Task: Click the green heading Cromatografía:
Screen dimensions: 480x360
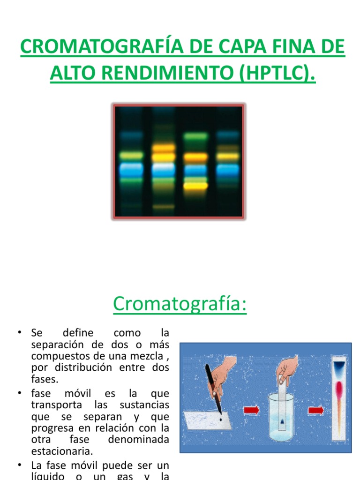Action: point(180,304)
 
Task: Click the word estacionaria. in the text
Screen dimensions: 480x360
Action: point(62,451)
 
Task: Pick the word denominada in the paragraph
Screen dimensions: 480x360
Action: point(138,440)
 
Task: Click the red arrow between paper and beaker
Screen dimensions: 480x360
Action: point(251,411)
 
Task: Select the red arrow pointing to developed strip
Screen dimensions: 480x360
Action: point(315,411)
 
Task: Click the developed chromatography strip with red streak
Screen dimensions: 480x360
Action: point(338,398)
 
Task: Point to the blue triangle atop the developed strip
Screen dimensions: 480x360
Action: point(338,365)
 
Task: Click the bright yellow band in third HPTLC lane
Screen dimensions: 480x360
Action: point(195,186)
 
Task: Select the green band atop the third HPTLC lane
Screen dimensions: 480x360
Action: point(195,137)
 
